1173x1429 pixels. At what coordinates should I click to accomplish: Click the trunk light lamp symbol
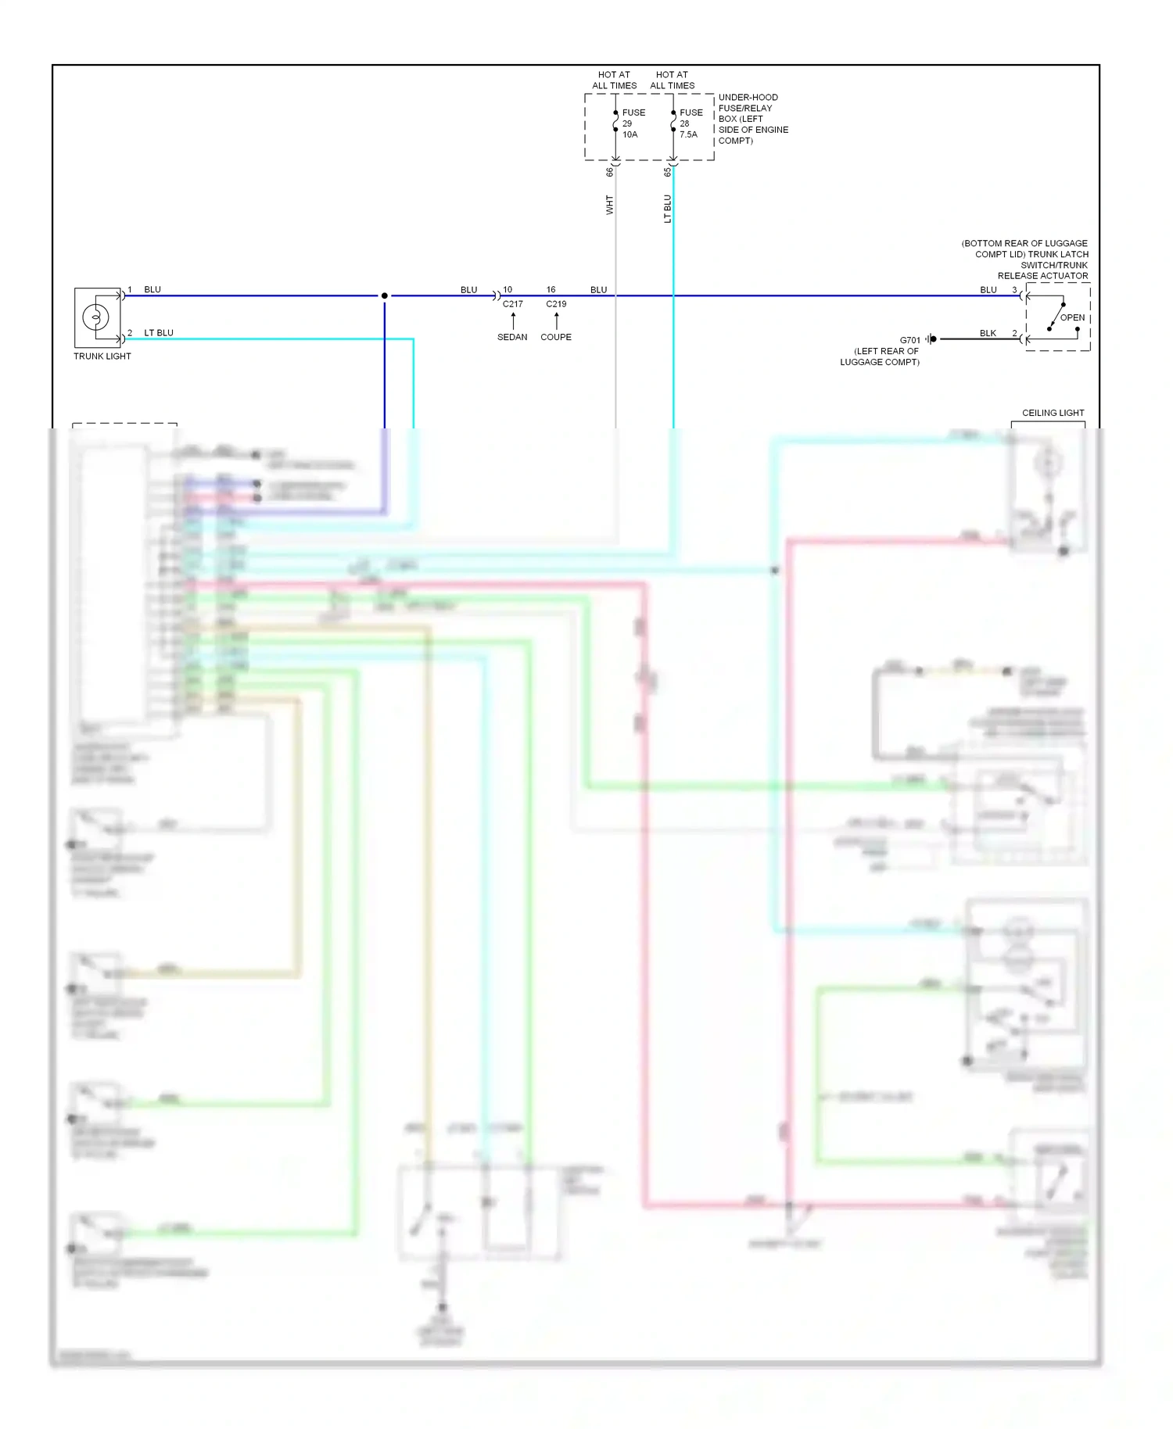[x=96, y=317]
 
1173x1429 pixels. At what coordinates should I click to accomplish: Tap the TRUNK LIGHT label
[x=102, y=356]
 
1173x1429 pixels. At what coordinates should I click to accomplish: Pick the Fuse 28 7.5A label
[x=690, y=124]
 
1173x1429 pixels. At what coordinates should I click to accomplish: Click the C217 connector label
[x=513, y=304]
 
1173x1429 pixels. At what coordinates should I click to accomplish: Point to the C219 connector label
[x=556, y=304]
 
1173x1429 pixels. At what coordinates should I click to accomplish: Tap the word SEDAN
[x=512, y=337]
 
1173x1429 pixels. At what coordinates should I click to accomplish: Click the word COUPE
[x=556, y=337]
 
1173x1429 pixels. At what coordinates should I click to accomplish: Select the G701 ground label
[x=909, y=340]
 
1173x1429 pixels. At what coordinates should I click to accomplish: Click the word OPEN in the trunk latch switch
[x=1072, y=317]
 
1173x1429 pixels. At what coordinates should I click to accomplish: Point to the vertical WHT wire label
[x=610, y=206]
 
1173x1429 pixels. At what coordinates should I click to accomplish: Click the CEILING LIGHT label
[x=1053, y=413]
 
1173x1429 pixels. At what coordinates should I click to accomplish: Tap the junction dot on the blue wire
[x=385, y=295]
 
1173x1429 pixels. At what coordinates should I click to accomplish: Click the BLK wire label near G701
[x=988, y=333]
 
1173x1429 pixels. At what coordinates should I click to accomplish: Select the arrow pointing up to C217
[x=513, y=321]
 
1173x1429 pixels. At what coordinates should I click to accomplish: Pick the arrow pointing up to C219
[x=557, y=321]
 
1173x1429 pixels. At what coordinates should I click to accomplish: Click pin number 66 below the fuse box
[x=610, y=171]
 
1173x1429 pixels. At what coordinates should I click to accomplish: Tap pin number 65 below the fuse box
[x=667, y=171]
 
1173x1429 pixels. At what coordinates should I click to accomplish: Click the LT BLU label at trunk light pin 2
[x=159, y=333]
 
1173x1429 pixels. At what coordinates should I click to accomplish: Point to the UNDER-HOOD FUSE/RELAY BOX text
[x=752, y=119]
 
